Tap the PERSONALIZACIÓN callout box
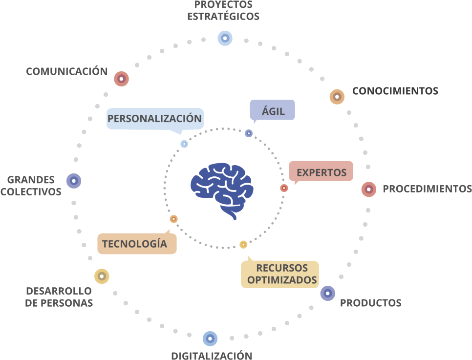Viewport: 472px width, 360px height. pos(154,119)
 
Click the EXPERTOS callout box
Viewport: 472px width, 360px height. pos(321,172)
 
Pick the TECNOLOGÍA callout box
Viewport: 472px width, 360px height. pos(137,244)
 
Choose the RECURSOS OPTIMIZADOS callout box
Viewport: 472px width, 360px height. pos(280,274)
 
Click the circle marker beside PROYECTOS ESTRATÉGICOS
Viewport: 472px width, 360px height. pos(225,38)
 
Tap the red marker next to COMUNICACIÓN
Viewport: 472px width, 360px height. pos(121,79)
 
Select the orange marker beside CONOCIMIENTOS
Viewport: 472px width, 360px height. pos(337,97)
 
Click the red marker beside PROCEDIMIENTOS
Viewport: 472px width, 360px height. pos(369,189)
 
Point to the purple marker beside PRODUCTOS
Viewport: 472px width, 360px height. pos(327,293)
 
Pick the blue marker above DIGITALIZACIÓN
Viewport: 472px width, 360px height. pos(210,339)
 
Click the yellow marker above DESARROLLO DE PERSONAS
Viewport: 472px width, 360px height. pos(102,276)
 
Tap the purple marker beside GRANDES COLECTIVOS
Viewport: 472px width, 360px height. pos(73,181)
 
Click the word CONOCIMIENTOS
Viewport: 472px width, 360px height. pos(395,91)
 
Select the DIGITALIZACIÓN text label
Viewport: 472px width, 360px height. pos(212,356)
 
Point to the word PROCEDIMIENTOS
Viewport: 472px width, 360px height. pos(427,189)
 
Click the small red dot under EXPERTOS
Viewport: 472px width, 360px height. pos(284,188)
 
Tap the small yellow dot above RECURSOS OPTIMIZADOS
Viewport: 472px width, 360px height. pos(243,244)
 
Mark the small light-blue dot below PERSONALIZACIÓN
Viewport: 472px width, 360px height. pos(184,144)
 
